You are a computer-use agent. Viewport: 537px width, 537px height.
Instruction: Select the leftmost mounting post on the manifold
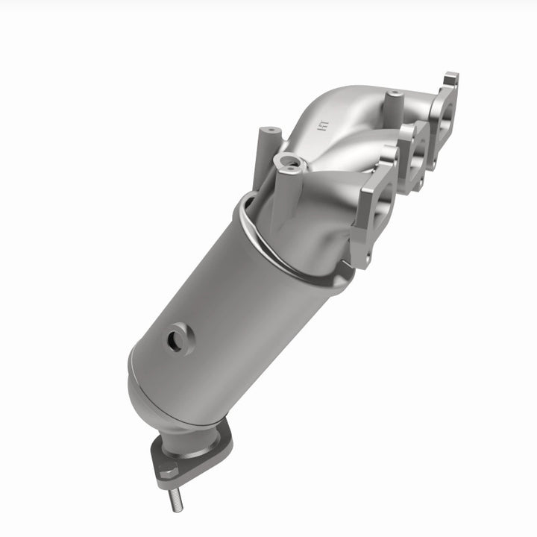[x=266, y=138]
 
